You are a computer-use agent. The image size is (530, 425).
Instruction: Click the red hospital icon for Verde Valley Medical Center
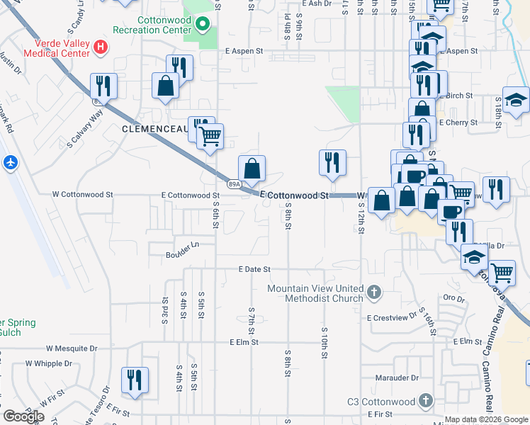101,47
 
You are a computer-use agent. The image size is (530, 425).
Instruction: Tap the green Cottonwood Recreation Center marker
203,25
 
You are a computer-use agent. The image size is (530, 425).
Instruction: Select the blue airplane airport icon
10,162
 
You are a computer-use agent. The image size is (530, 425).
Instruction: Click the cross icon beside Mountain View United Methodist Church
375,290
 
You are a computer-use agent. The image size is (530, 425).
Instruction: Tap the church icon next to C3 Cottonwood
425,401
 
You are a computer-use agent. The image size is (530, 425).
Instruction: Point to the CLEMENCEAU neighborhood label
154,129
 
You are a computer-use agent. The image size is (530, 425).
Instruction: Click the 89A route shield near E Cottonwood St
233,184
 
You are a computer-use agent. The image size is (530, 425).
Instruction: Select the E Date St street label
254,269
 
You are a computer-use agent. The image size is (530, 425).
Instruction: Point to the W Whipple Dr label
51,363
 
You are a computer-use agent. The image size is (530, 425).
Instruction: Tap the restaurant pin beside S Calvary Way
104,86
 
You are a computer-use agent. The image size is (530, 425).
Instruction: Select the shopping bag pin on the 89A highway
252,169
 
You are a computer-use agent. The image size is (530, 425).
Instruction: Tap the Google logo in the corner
23,416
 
